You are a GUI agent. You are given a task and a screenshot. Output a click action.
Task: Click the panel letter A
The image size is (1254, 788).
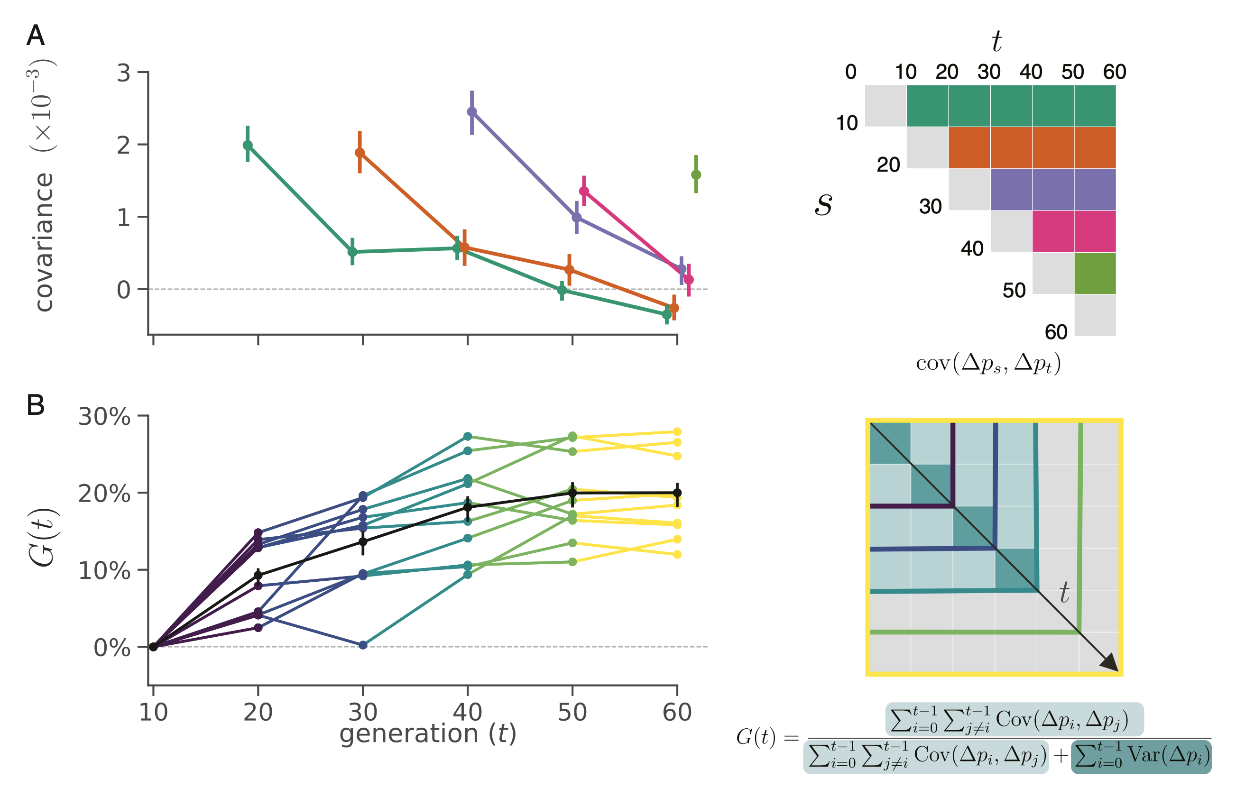coord(36,36)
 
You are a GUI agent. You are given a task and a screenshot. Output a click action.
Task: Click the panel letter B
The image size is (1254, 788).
coord(36,405)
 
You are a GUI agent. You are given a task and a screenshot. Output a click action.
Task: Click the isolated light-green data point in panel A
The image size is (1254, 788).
coord(696,174)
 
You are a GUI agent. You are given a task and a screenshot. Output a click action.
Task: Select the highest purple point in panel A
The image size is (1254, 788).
coord(472,112)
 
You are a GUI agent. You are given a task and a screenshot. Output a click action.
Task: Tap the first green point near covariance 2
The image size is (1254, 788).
coord(248,145)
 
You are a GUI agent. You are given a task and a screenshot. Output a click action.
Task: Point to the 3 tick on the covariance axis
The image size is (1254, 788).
coord(123,73)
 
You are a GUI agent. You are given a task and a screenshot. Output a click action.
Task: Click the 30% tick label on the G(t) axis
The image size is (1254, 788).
coord(104,416)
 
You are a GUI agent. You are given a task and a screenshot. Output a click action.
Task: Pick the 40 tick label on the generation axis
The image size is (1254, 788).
coord(468,712)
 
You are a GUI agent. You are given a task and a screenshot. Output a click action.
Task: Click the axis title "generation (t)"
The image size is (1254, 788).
coord(427,733)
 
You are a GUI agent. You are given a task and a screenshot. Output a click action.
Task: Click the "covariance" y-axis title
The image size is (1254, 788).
coord(44,242)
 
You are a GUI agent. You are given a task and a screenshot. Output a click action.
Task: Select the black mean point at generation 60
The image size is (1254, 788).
coord(677,492)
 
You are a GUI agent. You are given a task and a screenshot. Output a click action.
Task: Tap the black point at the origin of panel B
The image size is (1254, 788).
coord(153,646)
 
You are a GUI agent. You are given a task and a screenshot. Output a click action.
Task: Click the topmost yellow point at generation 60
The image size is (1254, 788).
coord(677,431)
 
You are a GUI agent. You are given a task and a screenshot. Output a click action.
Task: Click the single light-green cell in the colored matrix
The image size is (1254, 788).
coord(1095,273)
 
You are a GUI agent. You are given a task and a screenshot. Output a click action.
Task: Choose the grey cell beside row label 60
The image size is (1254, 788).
coord(1095,315)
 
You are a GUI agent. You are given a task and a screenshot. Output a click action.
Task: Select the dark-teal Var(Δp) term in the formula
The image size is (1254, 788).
coord(1141,756)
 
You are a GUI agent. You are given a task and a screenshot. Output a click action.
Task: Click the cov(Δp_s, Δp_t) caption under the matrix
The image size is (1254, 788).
coord(988,363)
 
